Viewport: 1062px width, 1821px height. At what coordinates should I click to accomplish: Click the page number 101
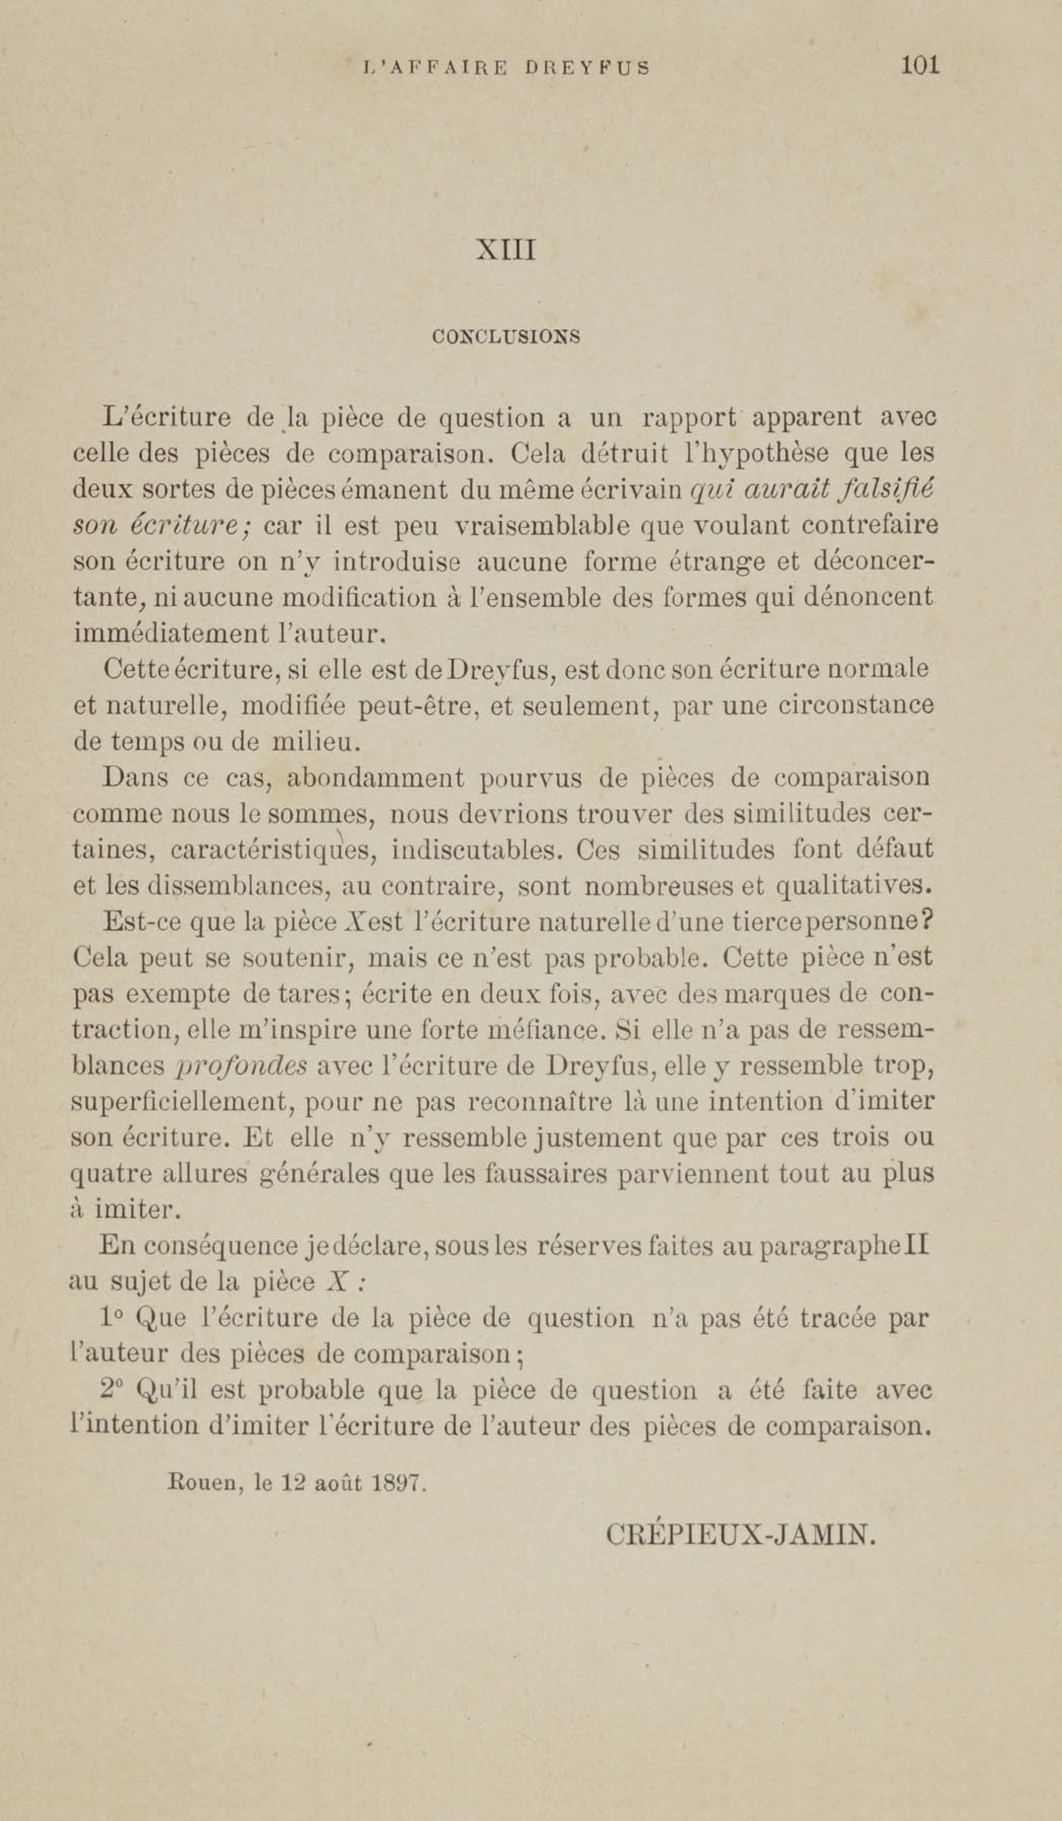click(x=919, y=66)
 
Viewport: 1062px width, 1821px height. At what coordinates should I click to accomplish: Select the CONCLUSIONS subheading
click(x=506, y=337)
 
